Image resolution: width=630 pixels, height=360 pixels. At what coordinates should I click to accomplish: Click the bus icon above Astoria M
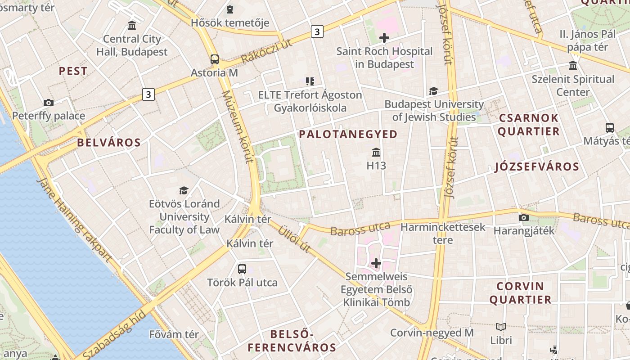click(x=215, y=59)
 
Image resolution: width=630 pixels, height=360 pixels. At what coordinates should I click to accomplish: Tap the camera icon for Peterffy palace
click(x=49, y=103)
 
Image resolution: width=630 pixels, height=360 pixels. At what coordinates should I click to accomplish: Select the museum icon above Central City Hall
click(x=132, y=25)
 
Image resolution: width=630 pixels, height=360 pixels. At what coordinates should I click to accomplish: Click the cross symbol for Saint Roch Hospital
click(x=384, y=38)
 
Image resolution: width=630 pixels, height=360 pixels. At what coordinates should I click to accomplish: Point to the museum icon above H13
click(x=376, y=153)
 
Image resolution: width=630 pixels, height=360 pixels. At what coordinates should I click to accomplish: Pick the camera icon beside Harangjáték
click(x=523, y=218)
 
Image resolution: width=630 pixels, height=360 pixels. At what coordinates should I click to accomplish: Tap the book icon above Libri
click(x=501, y=327)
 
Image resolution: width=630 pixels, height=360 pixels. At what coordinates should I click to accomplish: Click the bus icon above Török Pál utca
click(x=242, y=269)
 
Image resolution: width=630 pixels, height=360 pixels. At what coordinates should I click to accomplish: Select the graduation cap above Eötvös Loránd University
click(x=184, y=190)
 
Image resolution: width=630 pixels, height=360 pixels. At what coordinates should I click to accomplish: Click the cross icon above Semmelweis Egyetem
click(x=376, y=263)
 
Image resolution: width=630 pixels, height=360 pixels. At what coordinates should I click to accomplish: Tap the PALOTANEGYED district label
click(x=348, y=134)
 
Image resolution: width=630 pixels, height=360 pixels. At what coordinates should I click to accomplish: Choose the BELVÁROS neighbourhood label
click(x=109, y=143)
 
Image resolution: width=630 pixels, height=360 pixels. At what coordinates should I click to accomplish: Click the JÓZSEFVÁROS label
click(x=537, y=167)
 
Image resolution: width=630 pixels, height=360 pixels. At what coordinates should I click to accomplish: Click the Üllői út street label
click(x=294, y=238)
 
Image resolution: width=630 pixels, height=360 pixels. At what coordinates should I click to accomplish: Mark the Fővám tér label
click(x=174, y=334)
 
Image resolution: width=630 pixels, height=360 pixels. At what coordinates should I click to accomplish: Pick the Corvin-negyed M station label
click(x=432, y=333)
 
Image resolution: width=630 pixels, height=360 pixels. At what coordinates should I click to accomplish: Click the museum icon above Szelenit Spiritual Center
click(x=573, y=66)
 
